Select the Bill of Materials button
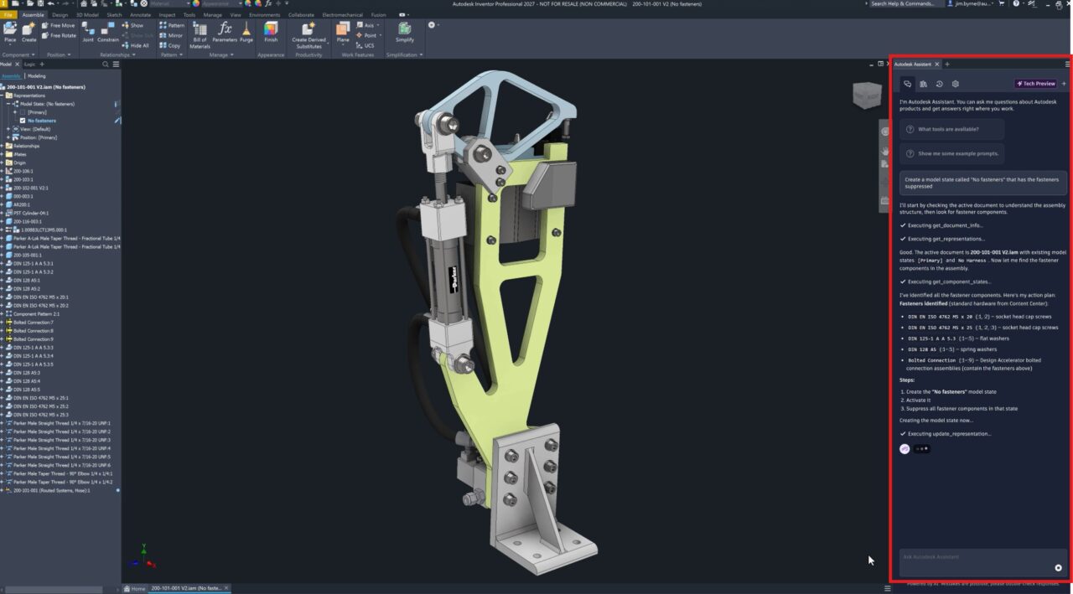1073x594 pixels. point(200,34)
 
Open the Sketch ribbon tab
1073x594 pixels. point(114,15)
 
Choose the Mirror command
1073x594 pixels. point(171,35)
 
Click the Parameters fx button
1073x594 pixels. point(225,33)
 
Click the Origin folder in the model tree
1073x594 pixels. point(19,163)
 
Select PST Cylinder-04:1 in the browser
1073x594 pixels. point(30,213)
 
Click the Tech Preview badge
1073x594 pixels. point(1036,84)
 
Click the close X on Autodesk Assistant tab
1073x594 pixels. point(937,65)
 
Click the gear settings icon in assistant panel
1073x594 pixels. point(955,84)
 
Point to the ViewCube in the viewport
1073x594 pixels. point(867,95)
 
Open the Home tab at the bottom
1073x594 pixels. point(135,588)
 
